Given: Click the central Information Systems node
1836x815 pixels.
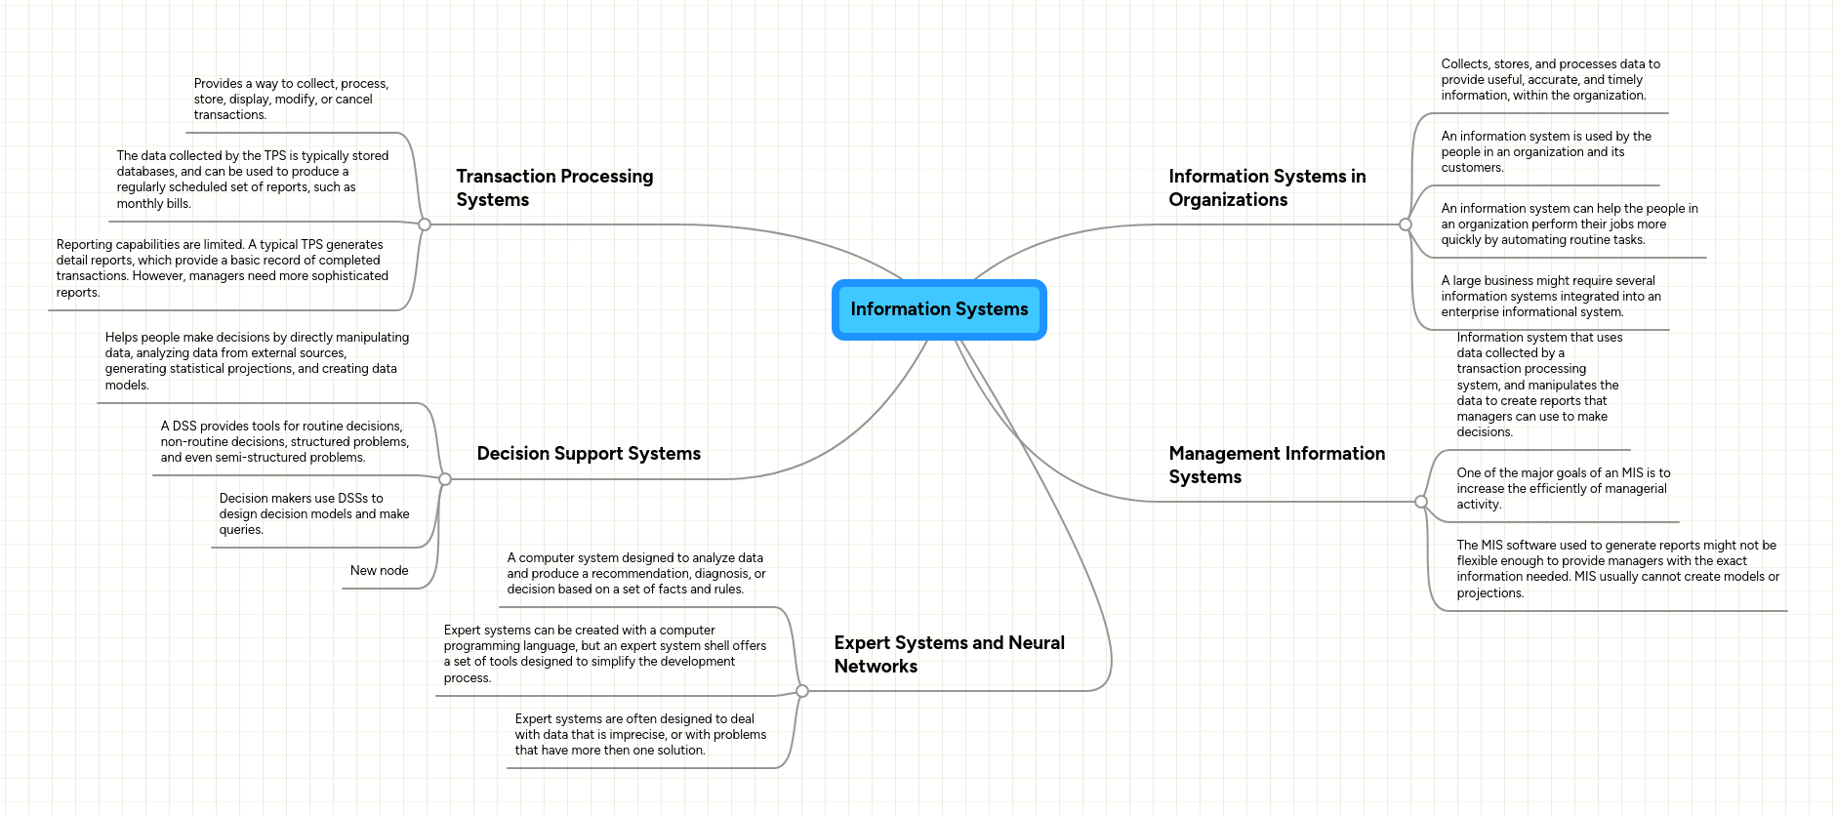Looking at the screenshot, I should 938,309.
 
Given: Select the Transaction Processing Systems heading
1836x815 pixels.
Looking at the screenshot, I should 553,187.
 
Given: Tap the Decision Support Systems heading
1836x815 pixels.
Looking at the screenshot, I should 588,454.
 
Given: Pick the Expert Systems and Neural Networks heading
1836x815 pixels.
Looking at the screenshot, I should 948,654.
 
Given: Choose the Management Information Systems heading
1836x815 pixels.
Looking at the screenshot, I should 1276,465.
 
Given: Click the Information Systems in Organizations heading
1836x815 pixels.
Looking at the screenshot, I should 1266,187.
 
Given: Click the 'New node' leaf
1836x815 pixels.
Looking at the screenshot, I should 379,571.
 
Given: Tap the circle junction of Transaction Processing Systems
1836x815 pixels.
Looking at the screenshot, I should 425,224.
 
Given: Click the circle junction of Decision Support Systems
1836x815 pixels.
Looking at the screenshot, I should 445,479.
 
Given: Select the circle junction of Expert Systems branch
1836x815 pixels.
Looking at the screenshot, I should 802,691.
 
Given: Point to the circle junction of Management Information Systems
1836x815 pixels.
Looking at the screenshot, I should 1421,502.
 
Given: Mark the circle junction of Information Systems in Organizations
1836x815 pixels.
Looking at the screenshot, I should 1406,224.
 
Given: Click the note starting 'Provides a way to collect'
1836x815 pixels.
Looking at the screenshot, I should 290,100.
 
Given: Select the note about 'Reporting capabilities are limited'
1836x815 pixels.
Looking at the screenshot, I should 222,268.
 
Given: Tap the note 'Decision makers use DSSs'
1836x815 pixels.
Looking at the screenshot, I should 313,514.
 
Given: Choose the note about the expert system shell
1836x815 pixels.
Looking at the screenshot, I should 604,654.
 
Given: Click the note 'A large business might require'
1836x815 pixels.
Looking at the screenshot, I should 1550,297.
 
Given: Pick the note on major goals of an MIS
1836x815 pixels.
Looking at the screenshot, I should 1563,489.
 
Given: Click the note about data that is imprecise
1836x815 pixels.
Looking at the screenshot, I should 639,735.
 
